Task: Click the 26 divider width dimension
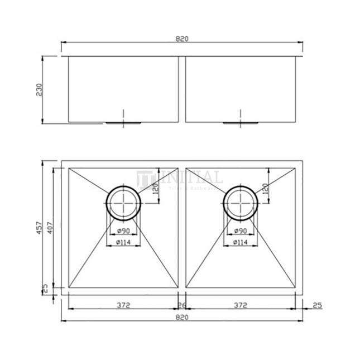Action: [181, 305]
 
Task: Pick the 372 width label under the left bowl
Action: [123, 305]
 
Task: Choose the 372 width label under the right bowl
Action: [240, 305]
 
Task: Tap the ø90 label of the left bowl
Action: [124, 231]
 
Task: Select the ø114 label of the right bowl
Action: [241, 242]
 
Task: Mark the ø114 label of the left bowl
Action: [124, 242]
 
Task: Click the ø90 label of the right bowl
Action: [241, 231]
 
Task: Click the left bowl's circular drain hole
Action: [123, 203]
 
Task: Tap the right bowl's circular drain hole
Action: [241, 203]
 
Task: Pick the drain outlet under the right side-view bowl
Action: [241, 122]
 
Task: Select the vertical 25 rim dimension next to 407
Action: [45, 289]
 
